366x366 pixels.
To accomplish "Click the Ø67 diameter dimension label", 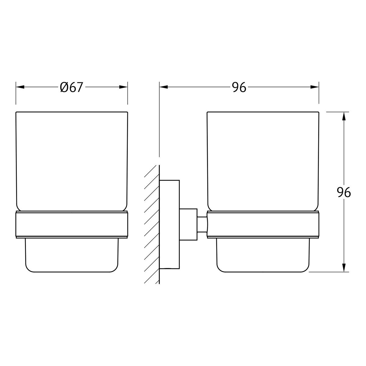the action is click(x=71, y=87).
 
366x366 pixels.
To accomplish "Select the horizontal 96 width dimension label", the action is click(x=239, y=87).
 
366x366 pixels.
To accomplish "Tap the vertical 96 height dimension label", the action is click(x=344, y=192).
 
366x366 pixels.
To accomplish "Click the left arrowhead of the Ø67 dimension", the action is click(x=20, y=87).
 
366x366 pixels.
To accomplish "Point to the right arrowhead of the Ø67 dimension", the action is click(x=123, y=87).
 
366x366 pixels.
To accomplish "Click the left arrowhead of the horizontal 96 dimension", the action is click(x=164, y=87).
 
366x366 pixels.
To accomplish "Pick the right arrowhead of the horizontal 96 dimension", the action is click(x=314, y=87).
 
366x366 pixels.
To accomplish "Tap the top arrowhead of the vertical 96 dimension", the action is click(x=344, y=116).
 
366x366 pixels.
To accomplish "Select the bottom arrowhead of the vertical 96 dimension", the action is click(x=344, y=267).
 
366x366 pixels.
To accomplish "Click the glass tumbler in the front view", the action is click(x=72, y=161).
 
